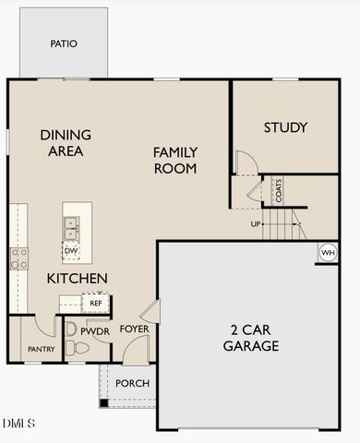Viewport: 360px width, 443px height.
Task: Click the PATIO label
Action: point(64,43)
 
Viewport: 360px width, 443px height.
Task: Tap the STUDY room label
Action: point(285,127)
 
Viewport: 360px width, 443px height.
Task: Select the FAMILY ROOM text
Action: point(175,160)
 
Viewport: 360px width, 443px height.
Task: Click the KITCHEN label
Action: point(78,278)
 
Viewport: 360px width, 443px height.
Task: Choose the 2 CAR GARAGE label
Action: point(251,338)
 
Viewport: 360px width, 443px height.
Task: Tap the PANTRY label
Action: point(41,349)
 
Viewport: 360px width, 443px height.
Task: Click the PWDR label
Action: point(95,329)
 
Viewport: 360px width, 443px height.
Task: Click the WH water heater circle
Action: point(328,252)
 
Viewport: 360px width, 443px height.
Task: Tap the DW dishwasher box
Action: point(71,249)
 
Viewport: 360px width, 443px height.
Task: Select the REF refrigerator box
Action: point(95,302)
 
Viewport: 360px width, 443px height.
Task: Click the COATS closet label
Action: point(278,190)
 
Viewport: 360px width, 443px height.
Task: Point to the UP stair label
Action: point(256,223)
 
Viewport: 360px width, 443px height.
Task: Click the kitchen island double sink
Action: point(71,223)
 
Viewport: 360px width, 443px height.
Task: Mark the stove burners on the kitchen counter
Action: point(18,257)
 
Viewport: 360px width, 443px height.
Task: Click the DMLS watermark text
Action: point(18,423)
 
